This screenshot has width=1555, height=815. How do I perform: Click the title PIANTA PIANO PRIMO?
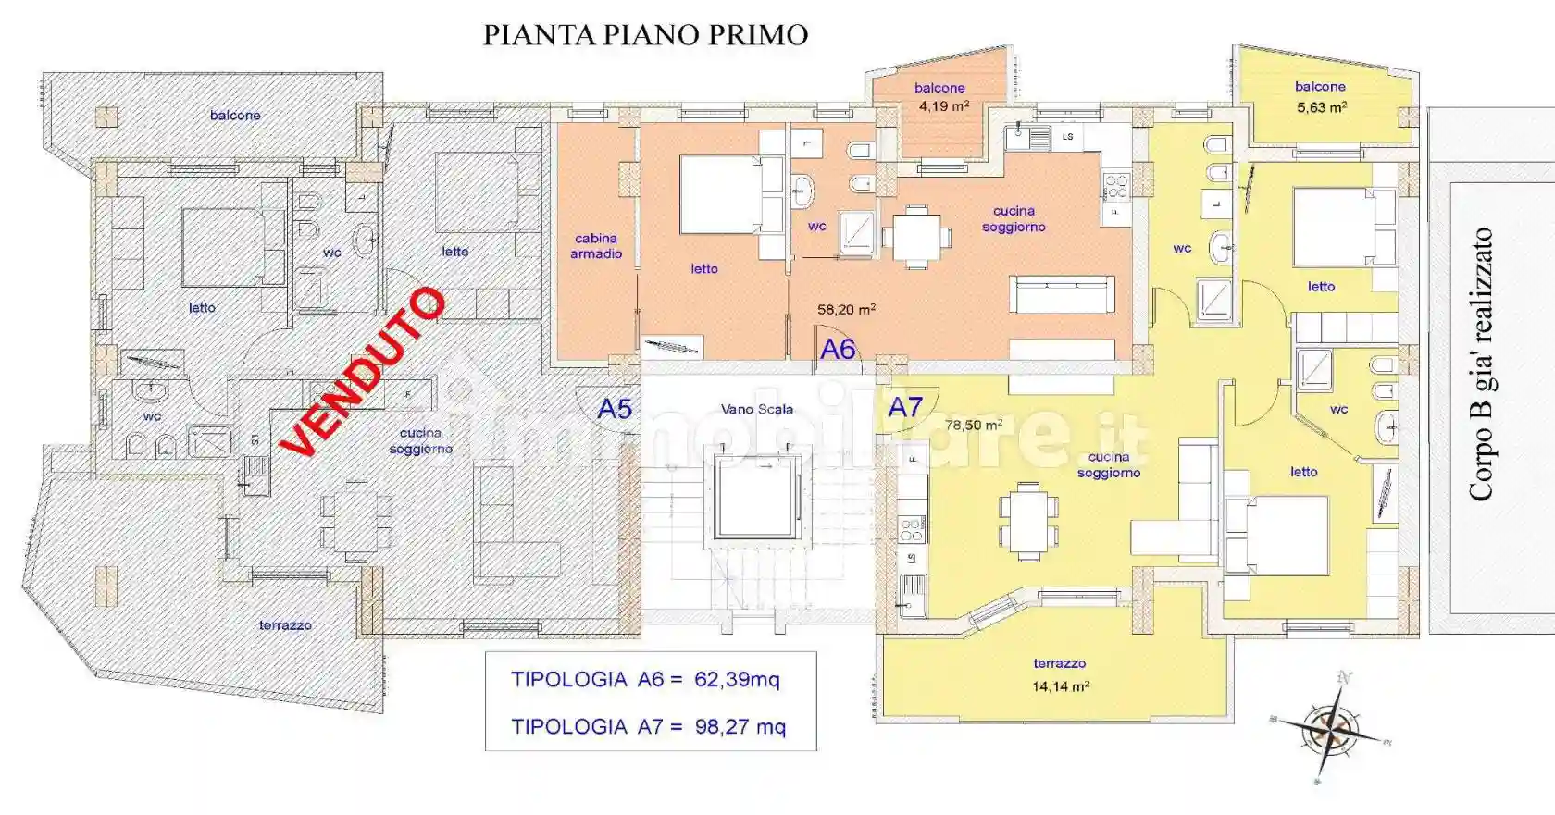tap(645, 35)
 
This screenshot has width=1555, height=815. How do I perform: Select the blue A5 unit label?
tap(615, 409)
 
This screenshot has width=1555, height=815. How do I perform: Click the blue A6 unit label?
tap(838, 349)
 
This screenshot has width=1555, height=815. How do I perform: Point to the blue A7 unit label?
tap(905, 407)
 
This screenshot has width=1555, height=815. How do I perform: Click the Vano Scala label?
tap(756, 409)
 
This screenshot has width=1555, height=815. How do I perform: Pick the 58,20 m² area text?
tap(846, 310)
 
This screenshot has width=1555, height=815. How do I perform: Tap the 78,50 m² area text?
tap(974, 425)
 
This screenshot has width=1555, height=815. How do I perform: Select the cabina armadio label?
tap(596, 246)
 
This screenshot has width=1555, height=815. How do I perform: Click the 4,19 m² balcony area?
tap(943, 106)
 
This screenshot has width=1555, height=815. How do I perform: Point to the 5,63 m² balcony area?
tap(1321, 107)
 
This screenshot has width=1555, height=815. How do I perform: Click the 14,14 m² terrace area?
tap(1060, 686)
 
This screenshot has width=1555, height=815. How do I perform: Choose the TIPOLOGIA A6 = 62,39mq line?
tap(645, 680)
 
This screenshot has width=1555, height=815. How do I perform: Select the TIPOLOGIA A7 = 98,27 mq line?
tap(648, 727)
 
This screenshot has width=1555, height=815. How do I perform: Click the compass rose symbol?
tap(1330, 729)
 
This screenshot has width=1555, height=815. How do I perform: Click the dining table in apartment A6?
tap(916, 238)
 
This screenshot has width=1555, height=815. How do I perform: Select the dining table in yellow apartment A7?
tap(1028, 522)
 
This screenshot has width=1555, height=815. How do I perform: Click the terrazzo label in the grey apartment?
tap(285, 625)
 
